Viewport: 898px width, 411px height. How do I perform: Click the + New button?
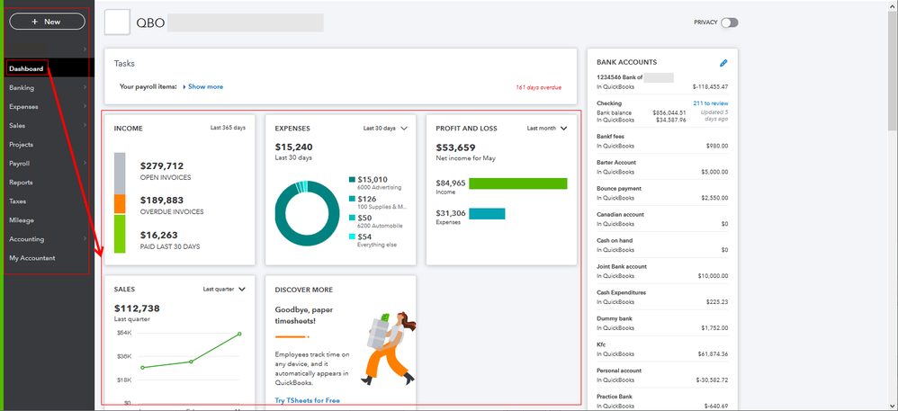point(47,22)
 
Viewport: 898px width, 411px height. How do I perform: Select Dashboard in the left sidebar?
point(26,68)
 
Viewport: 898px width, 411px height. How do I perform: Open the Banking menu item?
point(22,88)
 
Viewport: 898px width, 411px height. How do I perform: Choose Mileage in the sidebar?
point(22,220)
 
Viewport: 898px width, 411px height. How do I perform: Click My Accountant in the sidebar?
point(32,258)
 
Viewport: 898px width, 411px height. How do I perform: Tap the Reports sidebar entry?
point(22,183)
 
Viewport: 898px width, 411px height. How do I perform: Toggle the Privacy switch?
point(728,22)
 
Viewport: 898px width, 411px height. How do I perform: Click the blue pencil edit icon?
point(723,63)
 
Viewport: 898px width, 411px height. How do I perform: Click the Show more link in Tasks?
point(205,87)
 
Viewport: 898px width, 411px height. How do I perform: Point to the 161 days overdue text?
point(538,88)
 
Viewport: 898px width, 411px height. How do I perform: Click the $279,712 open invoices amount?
point(162,166)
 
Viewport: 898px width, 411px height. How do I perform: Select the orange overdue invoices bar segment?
point(120,204)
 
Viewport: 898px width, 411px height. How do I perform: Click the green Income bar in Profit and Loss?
point(518,183)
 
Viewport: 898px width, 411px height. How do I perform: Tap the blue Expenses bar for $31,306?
point(487,214)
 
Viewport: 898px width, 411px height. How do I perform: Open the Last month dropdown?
point(547,129)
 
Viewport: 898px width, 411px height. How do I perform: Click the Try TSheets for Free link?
point(308,400)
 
